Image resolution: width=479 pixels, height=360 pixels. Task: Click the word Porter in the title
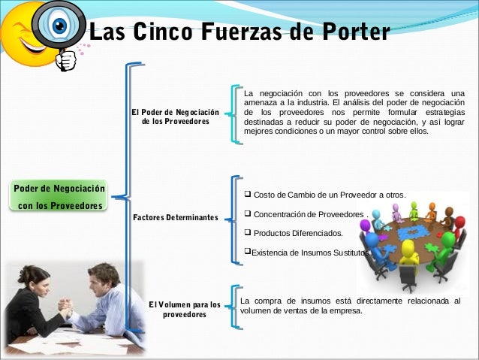(353, 34)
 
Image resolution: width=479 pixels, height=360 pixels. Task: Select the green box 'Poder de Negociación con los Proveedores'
(58, 195)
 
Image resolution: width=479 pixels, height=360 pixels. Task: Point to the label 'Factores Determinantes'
(176, 218)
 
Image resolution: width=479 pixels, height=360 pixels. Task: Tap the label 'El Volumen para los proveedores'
(183, 310)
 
